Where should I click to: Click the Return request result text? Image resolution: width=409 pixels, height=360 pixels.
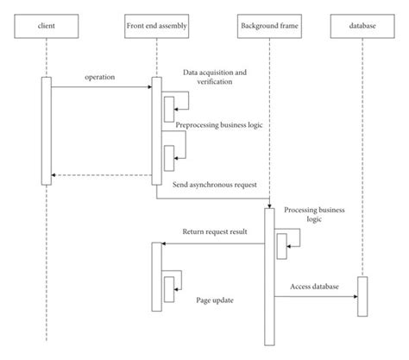(214, 233)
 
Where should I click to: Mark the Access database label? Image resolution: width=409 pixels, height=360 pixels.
(314, 286)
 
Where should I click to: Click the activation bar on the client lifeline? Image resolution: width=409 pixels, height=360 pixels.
(45, 130)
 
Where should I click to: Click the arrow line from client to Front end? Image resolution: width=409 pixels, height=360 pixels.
(101, 86)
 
